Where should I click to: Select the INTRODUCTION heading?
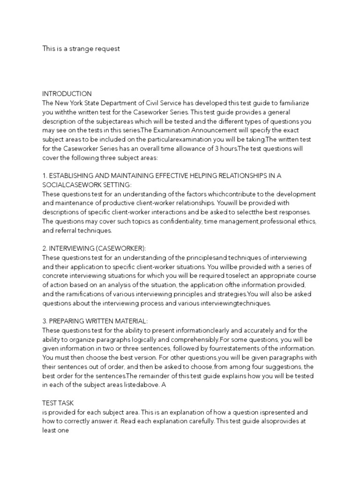click(67, 94)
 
